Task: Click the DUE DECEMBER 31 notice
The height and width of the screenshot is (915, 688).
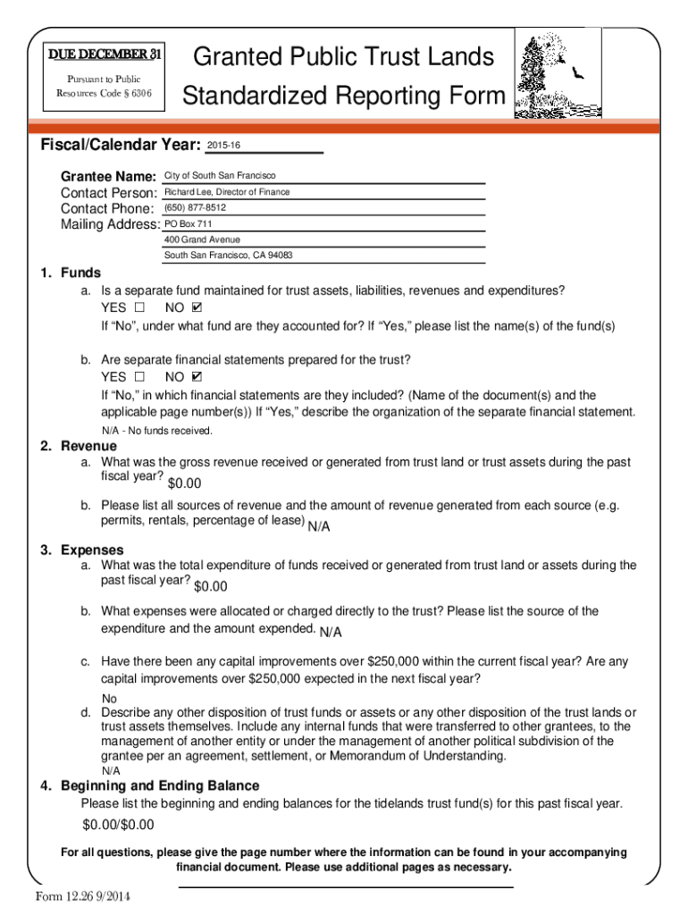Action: pos(105,55)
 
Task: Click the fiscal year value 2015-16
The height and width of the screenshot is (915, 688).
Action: pos(223,145)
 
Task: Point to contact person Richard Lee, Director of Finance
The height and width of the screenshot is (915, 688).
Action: pos(227,192)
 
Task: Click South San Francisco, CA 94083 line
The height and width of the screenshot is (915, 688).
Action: pos(228,256)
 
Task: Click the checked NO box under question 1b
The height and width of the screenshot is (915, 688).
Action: pos(197,377)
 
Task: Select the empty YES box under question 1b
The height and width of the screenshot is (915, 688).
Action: pos(138,377)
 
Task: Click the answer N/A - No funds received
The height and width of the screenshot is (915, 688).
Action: pos(156,431)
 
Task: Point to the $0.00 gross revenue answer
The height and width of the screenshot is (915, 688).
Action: pos(185,483)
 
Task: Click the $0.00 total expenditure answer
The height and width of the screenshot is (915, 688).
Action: pos(211,586)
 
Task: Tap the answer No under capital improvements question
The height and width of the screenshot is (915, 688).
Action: pos(109,699)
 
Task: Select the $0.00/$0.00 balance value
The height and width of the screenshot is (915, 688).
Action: pos(118,824)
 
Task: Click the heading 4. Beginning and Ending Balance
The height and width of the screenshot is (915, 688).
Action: pos(150,785)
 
